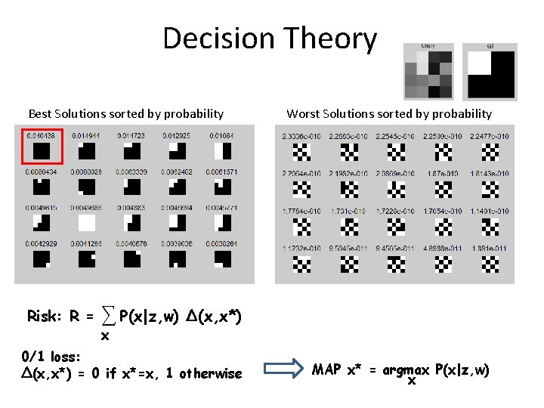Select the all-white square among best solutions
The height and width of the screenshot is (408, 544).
click(x=86, y=223)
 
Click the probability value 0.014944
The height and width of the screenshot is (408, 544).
click(x=85, y=136)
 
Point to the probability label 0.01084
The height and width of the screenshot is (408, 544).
click(x=221, y=136)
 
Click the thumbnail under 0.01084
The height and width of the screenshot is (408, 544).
click(x=222, y=151)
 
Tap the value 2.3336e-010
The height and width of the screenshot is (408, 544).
click(x=300, y=136)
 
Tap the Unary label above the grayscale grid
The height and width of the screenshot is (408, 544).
click(x=428, y=46)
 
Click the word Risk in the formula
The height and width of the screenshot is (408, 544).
click(x=44, y=316)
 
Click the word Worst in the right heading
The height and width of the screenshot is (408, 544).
click(x=302, y=114)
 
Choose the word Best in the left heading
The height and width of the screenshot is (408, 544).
click(x=41, y=114)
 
